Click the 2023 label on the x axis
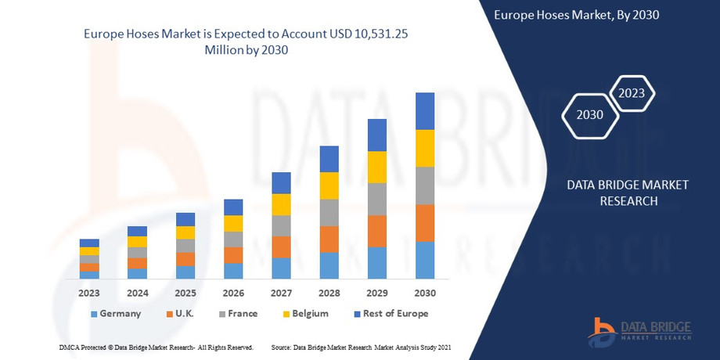click(89, 292)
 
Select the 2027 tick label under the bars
click(281, 292)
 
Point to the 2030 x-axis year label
click(425, 292)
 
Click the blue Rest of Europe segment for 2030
click(425, 111)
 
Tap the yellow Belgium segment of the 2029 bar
click(377, 167)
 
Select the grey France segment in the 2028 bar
click(329, 212)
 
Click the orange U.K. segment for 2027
click(281, 247)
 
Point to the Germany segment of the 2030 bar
click(425, 260)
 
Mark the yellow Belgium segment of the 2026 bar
click(233, 223)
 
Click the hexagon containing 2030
click(590, 115)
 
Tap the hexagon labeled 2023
click(631, 93)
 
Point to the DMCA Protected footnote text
click(156, 346)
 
